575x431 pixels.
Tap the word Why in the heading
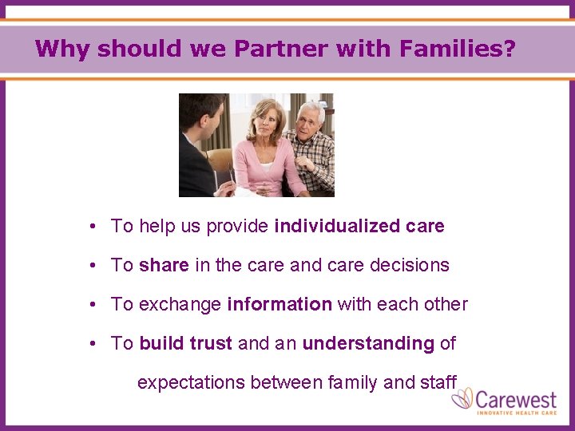pos(62,49)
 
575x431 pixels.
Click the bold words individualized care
pos(359,226)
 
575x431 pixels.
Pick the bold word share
pos(164,265)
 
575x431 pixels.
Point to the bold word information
pos(280,304)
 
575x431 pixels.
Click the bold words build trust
pos(185,343)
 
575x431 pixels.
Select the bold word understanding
pos(368,343)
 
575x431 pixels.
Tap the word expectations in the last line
pos(191,382)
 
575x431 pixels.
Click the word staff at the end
pos(438,382)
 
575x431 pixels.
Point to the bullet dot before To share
pos(93,265)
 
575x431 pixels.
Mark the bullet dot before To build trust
pos(93,343)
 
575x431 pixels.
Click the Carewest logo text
pos(517,397)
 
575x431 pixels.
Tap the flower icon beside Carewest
pos(462,399)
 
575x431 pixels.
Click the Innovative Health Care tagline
pos(517,413)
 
